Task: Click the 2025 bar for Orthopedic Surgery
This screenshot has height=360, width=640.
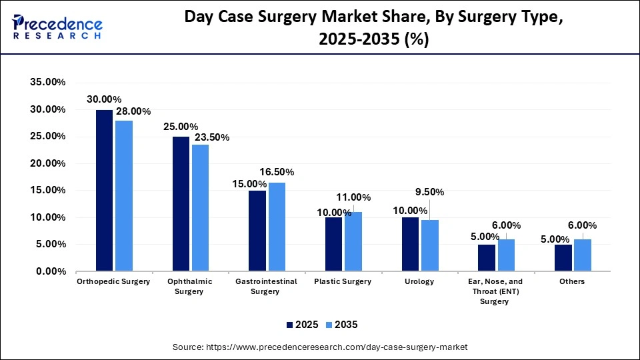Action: click(104, 191)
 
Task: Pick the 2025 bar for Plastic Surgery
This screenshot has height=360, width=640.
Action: click(333, 245)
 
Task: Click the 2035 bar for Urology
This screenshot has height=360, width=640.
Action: click(430, 245)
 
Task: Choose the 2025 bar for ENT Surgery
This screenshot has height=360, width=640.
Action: click(487, 258)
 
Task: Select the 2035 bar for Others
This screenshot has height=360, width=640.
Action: click(583, 255)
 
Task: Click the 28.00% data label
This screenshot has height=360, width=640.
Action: click(133, 111)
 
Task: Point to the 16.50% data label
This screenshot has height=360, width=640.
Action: click(276, 172)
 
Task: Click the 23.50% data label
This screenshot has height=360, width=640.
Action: click(211, 137)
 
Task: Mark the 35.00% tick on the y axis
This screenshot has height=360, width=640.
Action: click(48, 83)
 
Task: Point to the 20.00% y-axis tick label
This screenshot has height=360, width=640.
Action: click(48, 163)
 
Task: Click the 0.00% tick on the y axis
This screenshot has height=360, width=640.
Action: click(51, 272)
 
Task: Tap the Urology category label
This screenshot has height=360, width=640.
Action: click(419, 281)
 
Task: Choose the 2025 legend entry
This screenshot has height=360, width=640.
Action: click(301, 325)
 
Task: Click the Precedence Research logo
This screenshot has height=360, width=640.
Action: click(57, 27)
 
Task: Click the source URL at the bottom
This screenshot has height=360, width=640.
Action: click(320, 347)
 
